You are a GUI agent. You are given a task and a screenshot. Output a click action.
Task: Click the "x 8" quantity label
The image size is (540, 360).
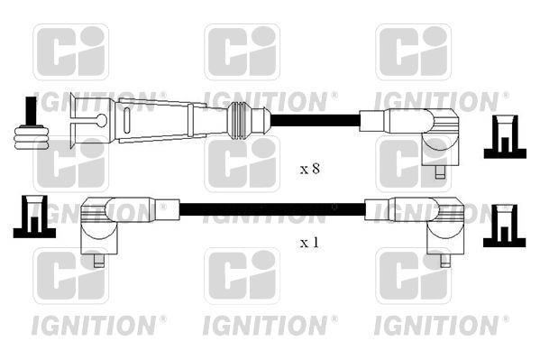[x=309, y=168]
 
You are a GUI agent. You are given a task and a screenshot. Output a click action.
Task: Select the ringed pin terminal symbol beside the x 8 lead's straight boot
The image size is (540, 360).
[x=31, y=125]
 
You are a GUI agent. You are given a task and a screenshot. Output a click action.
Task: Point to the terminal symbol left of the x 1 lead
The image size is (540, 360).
[x=32, y=217]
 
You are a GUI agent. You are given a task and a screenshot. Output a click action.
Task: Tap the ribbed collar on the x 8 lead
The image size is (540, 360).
[x=238, y=119]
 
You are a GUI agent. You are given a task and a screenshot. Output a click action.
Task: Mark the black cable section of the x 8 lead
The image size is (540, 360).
[x=316, y=119]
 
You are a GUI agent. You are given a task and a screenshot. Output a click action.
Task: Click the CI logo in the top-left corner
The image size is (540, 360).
[x=70, y=51]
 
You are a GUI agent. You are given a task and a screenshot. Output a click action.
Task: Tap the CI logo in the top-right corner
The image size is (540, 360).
[x=413, y=51]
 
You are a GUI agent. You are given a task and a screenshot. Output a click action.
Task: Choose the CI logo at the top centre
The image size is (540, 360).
[x=242, y=51]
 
